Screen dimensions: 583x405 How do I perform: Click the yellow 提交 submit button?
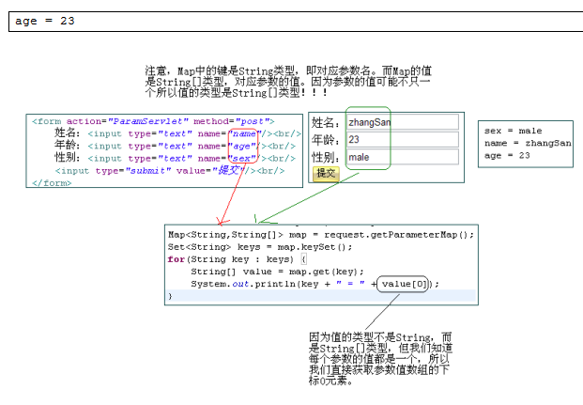click(x=326, y=174)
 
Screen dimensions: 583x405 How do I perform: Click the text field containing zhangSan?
click(x=403, y=122)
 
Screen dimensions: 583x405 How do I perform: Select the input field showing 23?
click(x=403, y=139)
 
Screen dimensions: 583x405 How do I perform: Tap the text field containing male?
click(x=403, y=157)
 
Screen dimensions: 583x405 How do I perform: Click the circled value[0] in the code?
click(x=403, y=284)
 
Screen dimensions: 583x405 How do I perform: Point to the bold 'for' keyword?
click(x=176, y=259)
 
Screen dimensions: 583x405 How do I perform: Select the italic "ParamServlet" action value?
click(x=148, y=121)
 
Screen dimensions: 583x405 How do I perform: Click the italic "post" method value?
click(x=253, y=121)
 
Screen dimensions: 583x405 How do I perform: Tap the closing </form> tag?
click(x=52, y=183)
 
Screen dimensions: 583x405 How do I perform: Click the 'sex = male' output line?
click(x=513, y=131)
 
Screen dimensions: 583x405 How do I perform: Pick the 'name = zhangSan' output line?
click(x=528, y=143)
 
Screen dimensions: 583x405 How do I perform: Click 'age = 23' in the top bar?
click(x=45, y=21)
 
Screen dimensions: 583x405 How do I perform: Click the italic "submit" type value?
click(x=148, y=171)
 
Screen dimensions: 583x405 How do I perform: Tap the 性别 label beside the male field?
click(x=326, y=157)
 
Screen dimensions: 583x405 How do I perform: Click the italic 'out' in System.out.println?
click(x=240, y=284)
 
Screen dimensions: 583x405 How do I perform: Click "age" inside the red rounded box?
click(x=242, y=147)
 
